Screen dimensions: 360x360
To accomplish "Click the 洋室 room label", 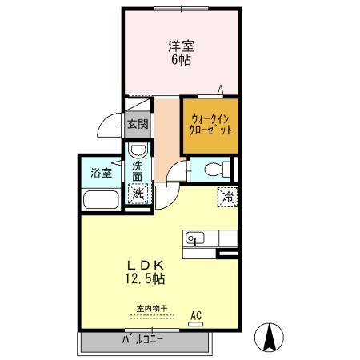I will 180,46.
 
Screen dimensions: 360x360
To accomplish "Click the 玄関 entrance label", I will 138,125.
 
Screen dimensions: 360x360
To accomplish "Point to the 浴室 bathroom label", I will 100,173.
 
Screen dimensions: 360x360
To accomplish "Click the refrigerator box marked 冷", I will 228,195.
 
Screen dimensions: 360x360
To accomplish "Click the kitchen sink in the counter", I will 195,238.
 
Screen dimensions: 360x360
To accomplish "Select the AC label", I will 195,315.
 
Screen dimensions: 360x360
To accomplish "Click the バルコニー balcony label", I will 142,339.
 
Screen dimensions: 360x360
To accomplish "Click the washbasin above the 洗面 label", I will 138,153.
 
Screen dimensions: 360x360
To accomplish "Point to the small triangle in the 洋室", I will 222,88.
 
